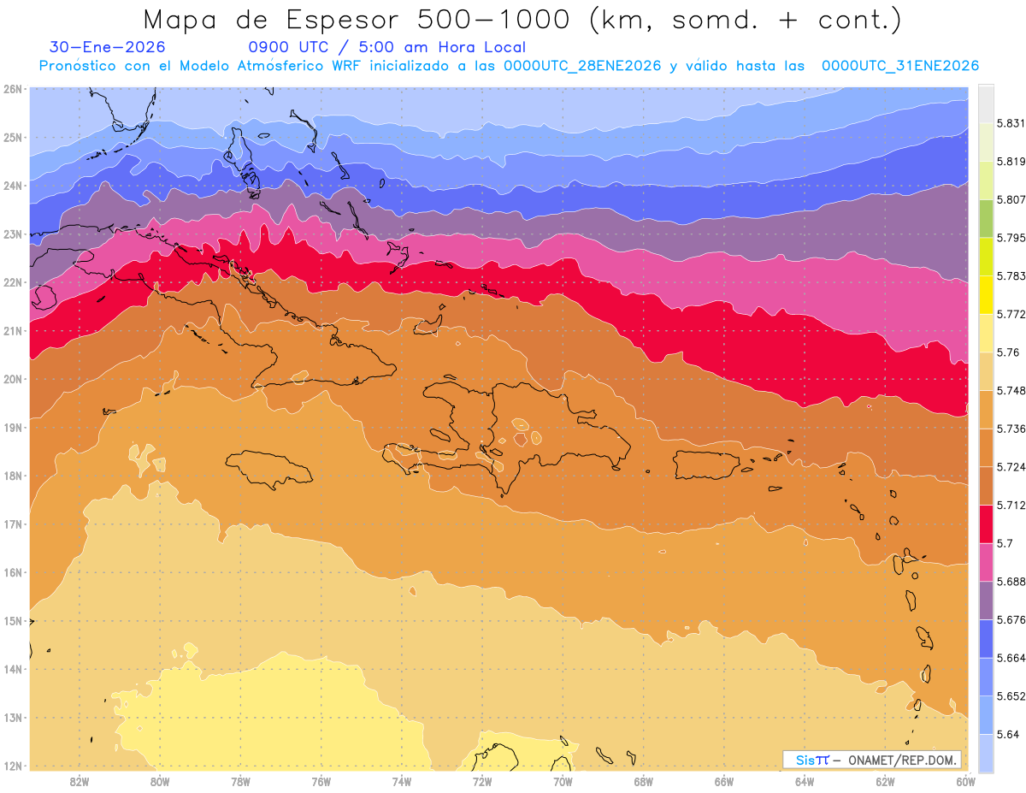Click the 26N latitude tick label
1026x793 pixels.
[x=12, y=89]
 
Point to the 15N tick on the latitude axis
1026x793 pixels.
[x=12, y=621]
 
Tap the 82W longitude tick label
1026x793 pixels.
[x=80, y=781]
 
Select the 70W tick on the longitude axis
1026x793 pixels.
[x=563, y=781]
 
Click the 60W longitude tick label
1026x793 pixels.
[x=966, y=781]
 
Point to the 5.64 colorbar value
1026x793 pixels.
[x=1007, y=735]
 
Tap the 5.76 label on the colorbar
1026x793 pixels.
[x=1007, y=352]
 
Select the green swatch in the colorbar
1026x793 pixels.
[x=986, y=218]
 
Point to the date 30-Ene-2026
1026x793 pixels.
[x=108, y=47]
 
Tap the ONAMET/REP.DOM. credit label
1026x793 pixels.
[x=902, y=760]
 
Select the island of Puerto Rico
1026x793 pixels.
[x=705, y=465]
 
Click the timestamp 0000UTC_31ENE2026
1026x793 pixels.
[x=899, y=66]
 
